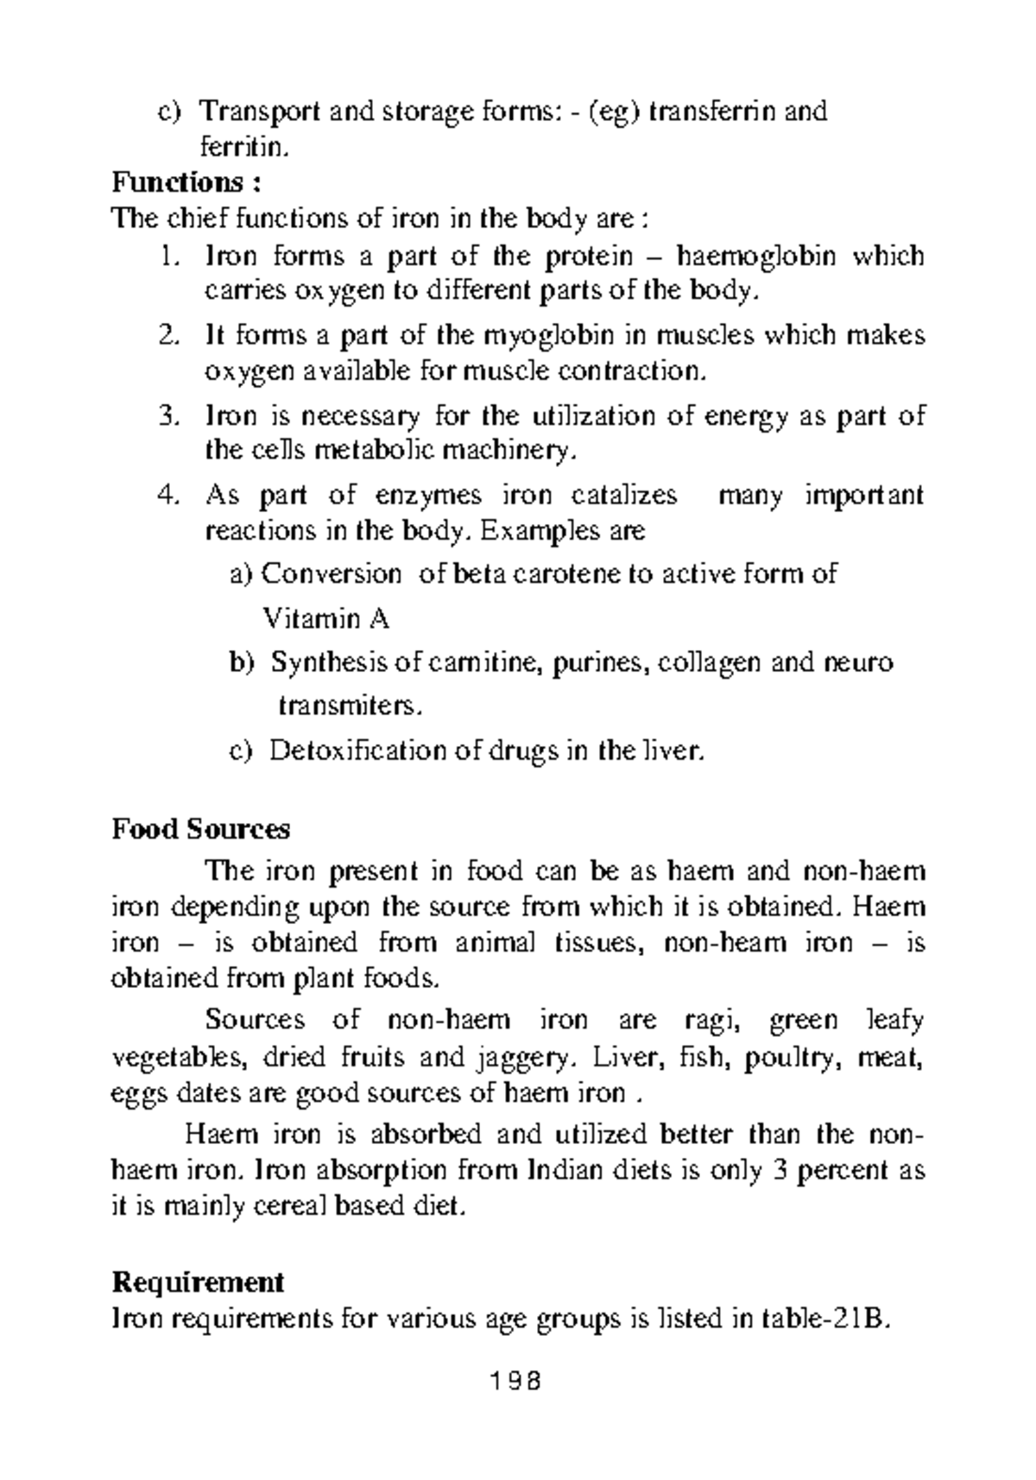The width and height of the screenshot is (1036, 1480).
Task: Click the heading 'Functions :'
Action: pyautogui.click(x=186, y=183)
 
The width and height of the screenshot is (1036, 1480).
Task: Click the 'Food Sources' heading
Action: pyautogui.click(x=200, y=829)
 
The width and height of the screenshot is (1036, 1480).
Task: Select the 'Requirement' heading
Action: pyautogui.click(x=198, y=1282)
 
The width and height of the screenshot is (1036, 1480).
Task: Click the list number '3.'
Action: pyautogui.click(x=169, y=416)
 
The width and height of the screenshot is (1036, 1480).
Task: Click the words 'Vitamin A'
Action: pyautogui.click(x=325, y=618)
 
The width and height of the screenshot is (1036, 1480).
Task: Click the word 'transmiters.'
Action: pyautogui.click(x=350, y=706)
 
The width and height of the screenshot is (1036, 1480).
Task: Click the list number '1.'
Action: pyautogui.click(x=169, y=256)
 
